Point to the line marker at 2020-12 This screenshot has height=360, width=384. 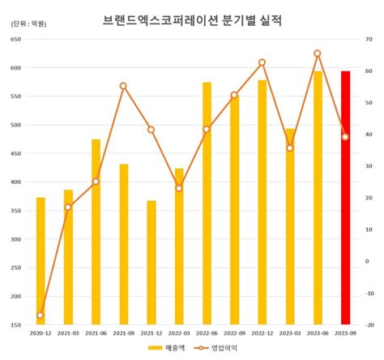click(x=41, y=315)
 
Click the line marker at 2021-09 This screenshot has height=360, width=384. click(x=123, y=86)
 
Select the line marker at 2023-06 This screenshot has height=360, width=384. click(x=318, y=54)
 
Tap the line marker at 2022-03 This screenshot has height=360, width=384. click(x=179, y=188)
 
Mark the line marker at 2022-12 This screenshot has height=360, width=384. click(x=262, y=62)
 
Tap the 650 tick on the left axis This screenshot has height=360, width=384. click(x=16, y=39)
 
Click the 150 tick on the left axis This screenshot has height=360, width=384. click(x=16, y=325)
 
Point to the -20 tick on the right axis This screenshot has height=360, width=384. click(x=369, y=325)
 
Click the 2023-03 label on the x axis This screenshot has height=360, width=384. click(x=290, y=333)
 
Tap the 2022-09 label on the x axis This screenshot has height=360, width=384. click(x=234, y=333)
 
